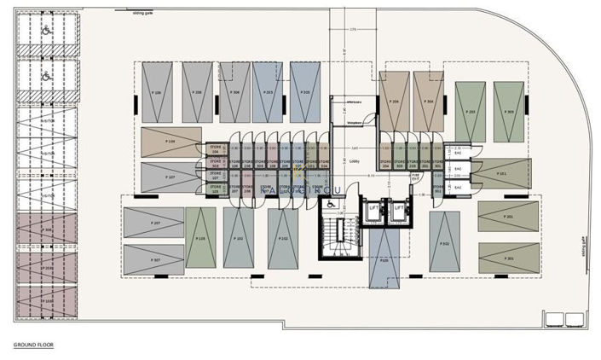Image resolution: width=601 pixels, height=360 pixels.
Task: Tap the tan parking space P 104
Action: (171, 142)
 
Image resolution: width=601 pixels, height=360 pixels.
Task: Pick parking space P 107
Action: (170, 177)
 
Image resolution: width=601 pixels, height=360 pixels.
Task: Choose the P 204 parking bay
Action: (395, 99)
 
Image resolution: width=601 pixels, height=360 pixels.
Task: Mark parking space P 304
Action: (429, 99)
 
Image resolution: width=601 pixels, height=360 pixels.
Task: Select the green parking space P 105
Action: (200, 238)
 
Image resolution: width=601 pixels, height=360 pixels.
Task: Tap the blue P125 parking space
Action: (384, 260)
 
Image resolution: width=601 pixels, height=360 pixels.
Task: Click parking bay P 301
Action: (508, 258)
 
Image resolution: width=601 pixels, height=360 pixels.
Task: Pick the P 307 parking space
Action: (154, 260)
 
